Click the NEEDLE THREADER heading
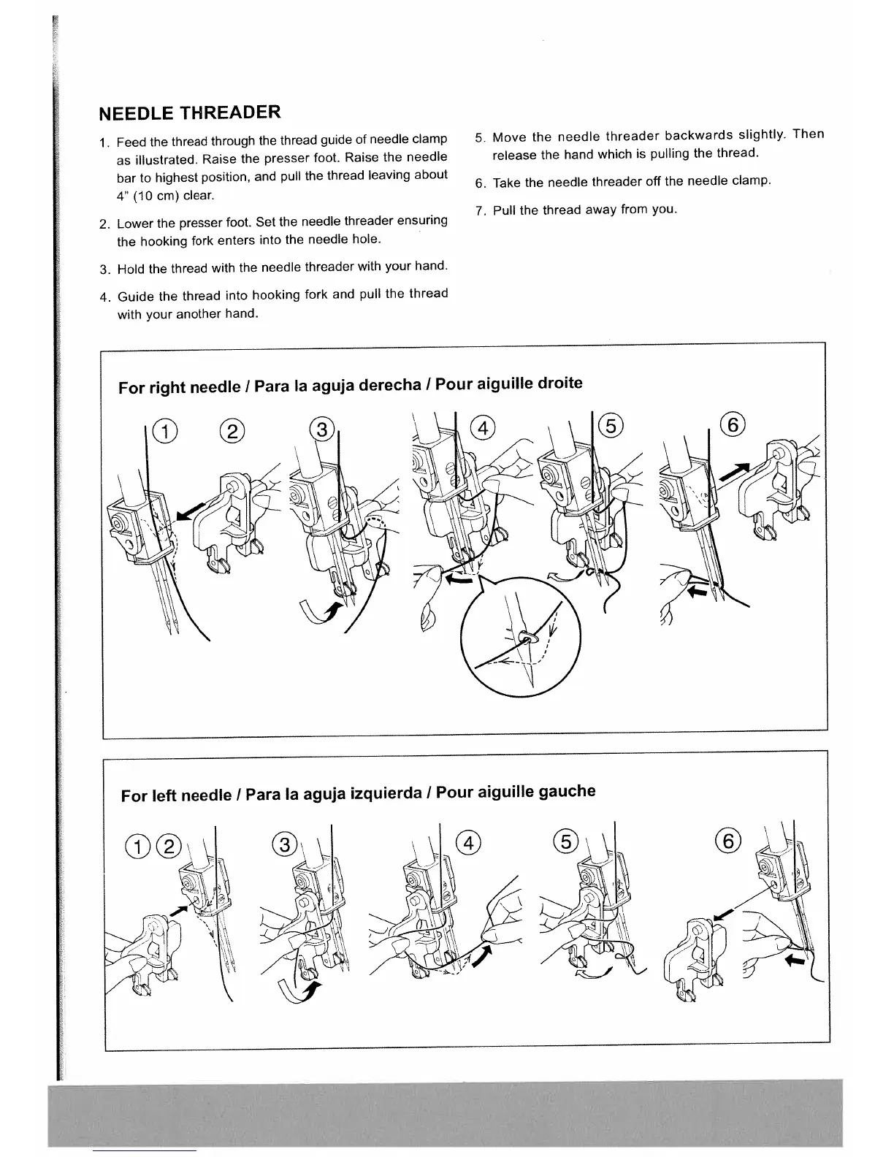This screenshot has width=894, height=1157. (189, 113)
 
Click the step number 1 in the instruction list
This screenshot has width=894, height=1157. (104, 142)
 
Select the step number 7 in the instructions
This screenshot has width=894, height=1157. (479, 211)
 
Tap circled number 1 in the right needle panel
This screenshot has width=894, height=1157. (164, 432)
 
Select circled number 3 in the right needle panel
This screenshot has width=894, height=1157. (321, 429)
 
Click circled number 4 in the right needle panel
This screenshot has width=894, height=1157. (482, 427)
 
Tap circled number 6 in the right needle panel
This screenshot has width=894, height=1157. (733, 424)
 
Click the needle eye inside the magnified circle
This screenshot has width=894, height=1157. (526, 638)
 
